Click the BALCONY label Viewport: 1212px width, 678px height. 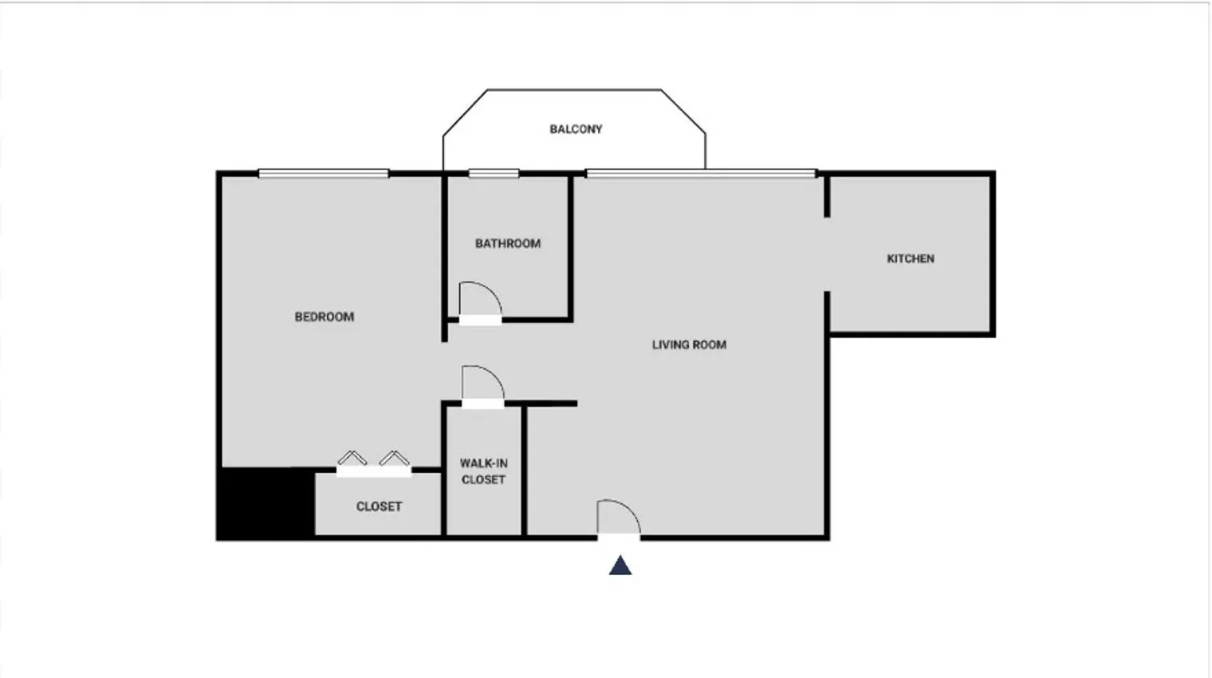pos(576,129)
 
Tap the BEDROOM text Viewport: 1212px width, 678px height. pos(325,317)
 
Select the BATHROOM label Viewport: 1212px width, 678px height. pos(508,243)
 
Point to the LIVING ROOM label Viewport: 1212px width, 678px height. pos(689,345)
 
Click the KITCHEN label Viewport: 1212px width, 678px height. pos(911,258)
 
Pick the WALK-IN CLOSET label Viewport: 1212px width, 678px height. pos(483,471)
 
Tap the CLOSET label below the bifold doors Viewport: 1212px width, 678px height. pos(379,507)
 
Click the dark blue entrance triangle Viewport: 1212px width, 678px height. pos(620,566)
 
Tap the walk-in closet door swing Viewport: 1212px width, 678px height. pos(482,384)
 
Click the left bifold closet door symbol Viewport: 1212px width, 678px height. pos(352,459)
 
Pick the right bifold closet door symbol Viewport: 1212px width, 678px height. pos(395,459)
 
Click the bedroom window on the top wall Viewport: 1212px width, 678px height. pos(324,173)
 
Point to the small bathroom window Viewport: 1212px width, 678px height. pos(494,173)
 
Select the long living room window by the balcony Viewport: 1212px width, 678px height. pos(701,173)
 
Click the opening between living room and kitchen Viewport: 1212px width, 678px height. pos(827,254)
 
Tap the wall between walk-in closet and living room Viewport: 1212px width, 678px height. pos(524,471)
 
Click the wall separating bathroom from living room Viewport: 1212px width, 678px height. pos(571,247)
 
